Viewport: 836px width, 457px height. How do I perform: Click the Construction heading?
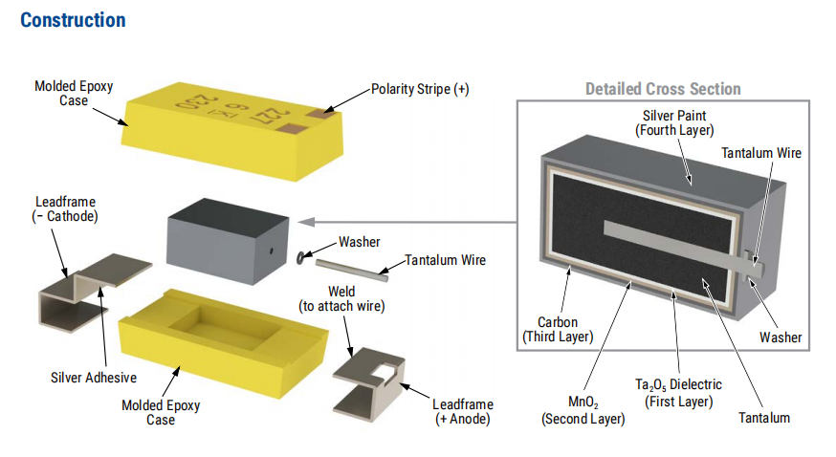click(x=73, y=20)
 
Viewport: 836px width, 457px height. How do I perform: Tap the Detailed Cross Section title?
click(x=663, y=89)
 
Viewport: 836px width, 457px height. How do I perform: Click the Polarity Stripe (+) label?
click(x=420, y=89)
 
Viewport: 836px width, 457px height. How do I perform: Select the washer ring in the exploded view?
click(x=303, y=255)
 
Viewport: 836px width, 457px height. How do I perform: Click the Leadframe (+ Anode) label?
click(x=464, y=411)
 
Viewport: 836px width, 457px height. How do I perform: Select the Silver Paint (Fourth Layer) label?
click(x=674, y=122)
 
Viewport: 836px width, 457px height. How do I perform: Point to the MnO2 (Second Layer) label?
click(x=582, y=410)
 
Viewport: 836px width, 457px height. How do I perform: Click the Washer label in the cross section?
click(x=781, y=337)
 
